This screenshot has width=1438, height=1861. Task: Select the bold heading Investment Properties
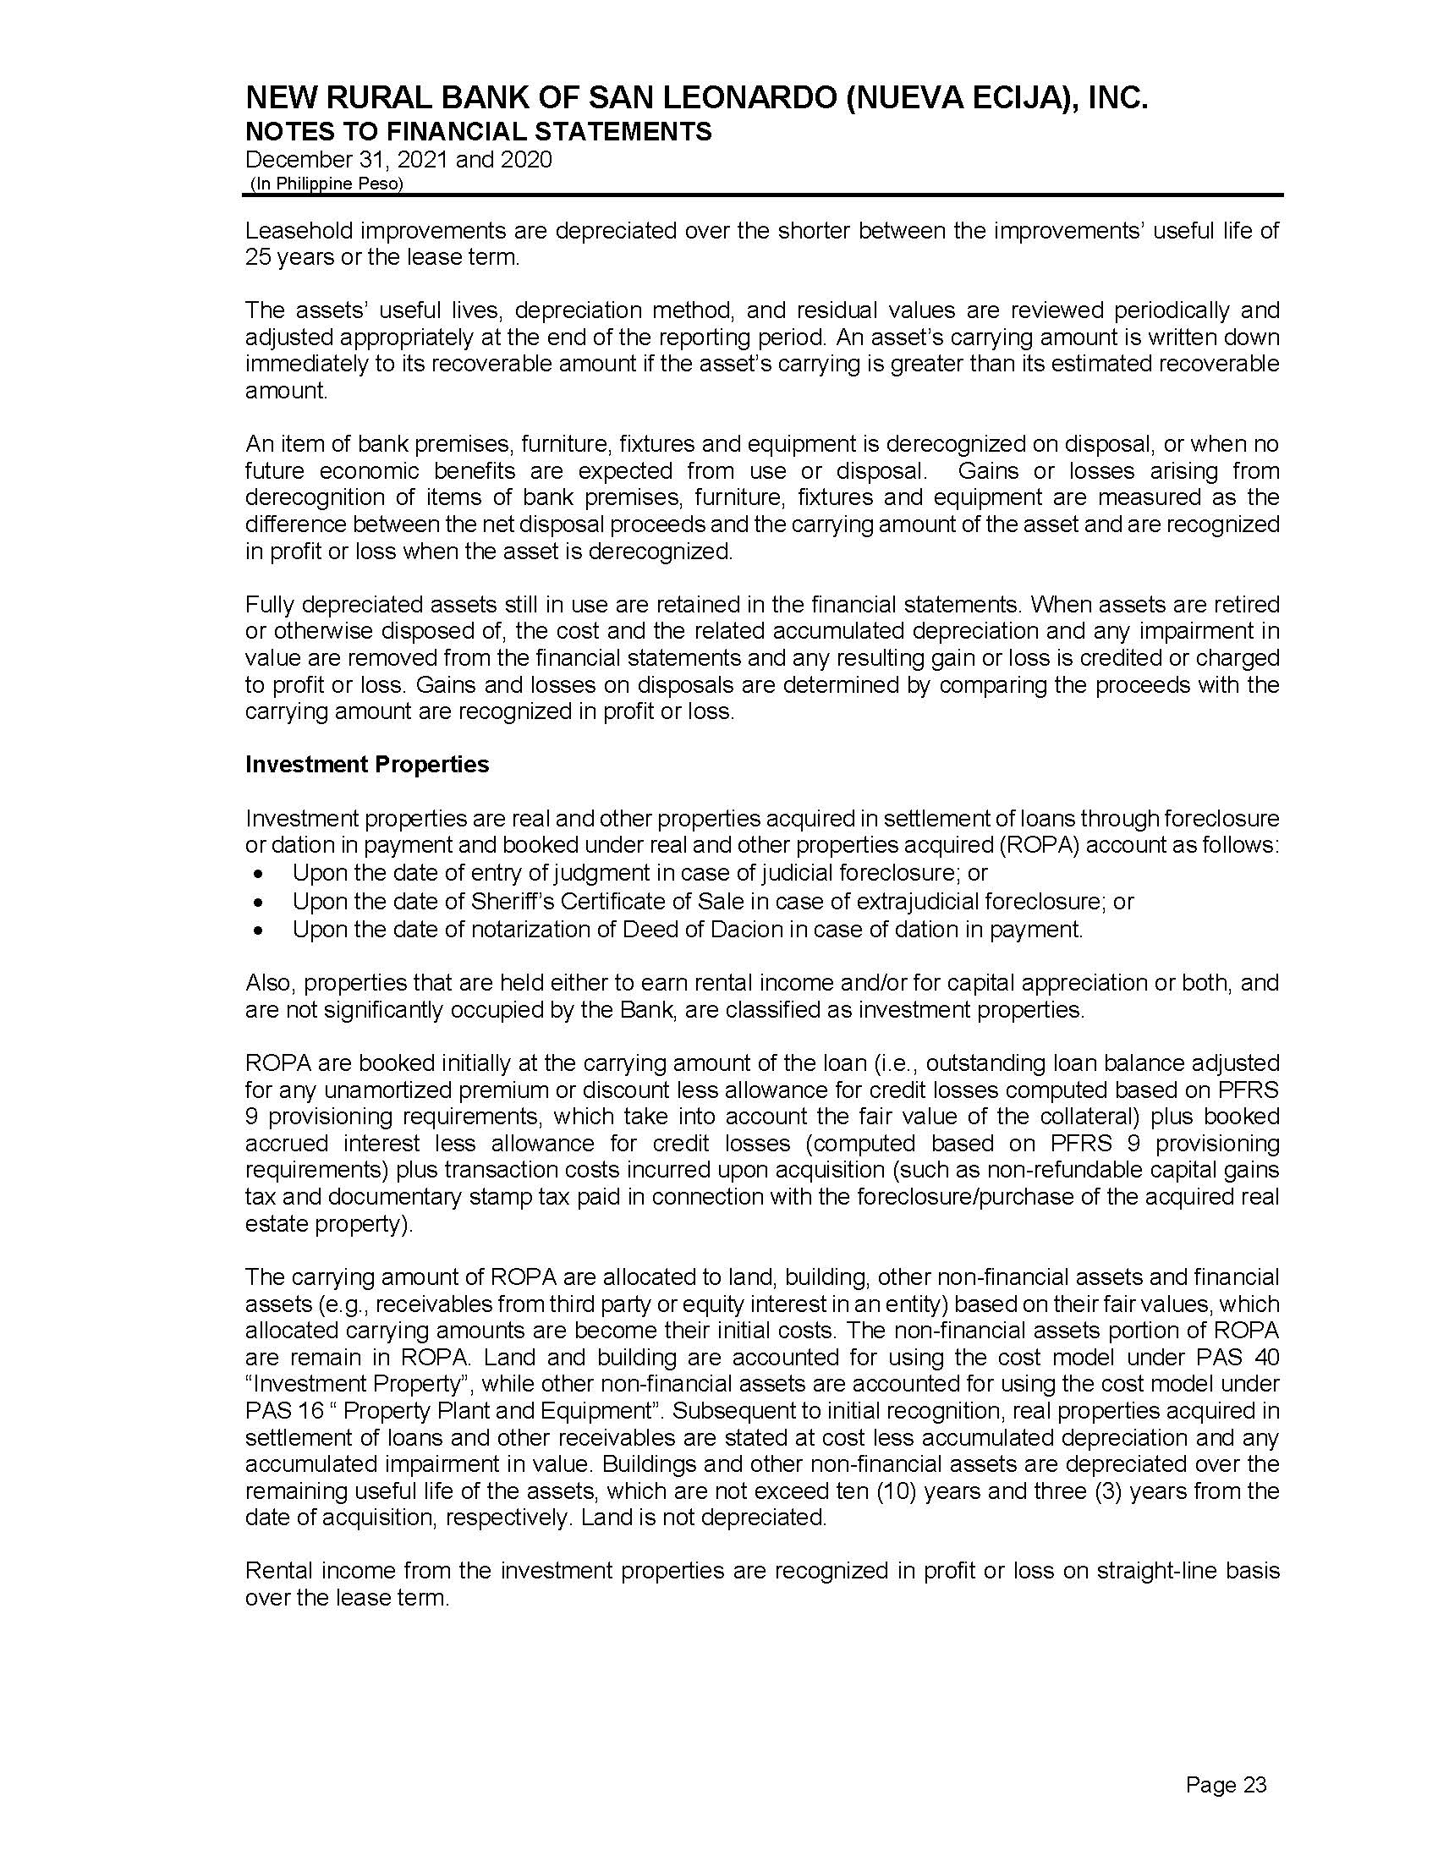click(367, 765)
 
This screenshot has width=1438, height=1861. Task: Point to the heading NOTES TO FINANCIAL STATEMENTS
click(478, 131)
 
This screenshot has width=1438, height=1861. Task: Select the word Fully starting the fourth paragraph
click(270, 605)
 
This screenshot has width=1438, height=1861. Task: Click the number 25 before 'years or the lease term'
click(257, 257)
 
